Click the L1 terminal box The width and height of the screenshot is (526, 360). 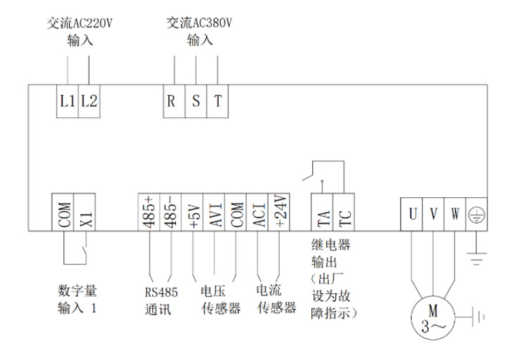click(67, 101)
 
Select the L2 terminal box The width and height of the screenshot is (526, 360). click(89, 101)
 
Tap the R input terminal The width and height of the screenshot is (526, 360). click(174, 101)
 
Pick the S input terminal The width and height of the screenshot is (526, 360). click(196, 101)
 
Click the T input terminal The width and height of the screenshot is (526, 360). click(217, 101)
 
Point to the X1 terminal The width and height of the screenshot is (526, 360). click(85, 212)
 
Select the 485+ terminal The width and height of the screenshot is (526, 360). click(149, 212)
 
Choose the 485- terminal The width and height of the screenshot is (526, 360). click(170, 212)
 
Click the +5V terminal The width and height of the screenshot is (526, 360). click(192, 212)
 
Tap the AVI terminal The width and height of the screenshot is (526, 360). click(214, 212)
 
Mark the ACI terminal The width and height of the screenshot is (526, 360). click(257, 212)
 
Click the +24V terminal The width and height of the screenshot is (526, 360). click(278, 212)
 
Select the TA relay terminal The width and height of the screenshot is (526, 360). click(322, 212)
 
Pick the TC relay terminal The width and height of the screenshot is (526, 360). click(344, 212)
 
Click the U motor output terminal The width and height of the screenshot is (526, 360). click(412, 215)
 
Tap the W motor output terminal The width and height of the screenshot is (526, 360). click(455, 215)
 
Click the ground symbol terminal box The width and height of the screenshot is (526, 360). click(477, 215)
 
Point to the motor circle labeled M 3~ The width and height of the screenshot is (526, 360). click(412, 318)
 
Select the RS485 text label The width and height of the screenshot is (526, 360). click(161, 293)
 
